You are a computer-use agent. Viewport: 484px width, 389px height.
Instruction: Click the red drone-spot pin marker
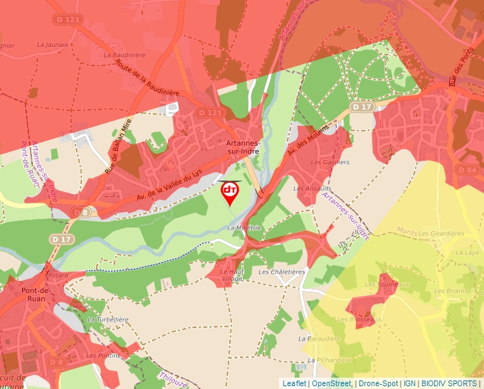230,192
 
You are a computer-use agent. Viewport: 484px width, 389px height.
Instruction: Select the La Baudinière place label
124,54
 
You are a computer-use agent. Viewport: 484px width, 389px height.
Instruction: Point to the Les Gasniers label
331,162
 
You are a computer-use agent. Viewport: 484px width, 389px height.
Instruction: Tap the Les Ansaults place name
310,188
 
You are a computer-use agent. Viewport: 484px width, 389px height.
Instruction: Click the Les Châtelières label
282,272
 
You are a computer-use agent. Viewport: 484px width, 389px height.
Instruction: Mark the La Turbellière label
107,320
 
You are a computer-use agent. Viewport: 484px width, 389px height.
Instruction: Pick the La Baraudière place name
316,339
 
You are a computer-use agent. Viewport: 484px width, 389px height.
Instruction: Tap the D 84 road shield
468,170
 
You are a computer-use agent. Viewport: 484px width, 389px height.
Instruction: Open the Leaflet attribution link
294,383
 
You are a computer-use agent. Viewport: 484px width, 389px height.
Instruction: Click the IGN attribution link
409,383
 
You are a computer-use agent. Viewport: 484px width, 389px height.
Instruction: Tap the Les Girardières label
441,233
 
